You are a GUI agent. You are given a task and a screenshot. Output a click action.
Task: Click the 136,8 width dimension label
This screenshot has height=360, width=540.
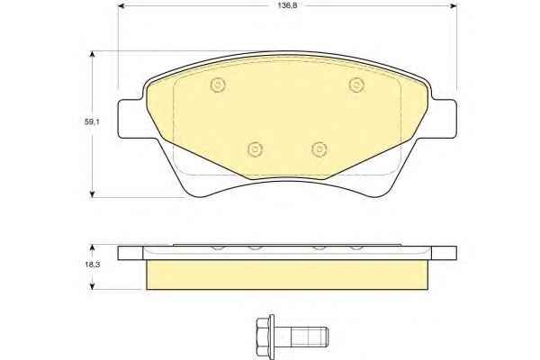point(288,6)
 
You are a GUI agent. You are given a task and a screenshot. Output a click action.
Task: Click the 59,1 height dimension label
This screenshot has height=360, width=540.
point(92,121)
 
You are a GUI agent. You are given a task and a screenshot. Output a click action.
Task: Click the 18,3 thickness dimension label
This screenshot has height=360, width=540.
point(92,265)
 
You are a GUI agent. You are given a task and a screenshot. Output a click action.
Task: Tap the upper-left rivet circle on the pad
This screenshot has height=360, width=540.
point(218,84)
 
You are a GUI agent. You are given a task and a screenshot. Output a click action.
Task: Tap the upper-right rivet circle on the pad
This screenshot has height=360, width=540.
point(356,84)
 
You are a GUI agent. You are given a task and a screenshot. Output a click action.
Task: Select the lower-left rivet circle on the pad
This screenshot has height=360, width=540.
point(256,148)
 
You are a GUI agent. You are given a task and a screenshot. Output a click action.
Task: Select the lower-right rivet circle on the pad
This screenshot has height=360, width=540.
point(319,148)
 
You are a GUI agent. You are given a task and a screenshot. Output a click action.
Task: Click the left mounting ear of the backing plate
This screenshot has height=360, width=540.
point(130,119)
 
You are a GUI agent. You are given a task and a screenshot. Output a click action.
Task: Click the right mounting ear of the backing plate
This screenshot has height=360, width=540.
point(445,119)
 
